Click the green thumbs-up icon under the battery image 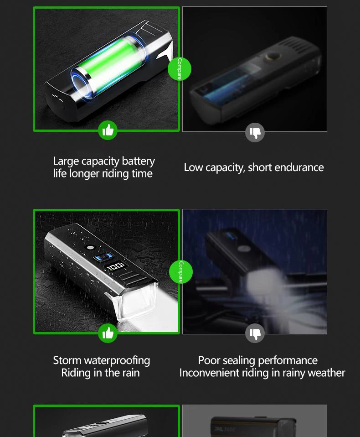coord(108,130)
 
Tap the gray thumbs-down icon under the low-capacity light coord(255,132)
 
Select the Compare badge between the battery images coord(180,69)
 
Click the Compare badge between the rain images coord(181,272)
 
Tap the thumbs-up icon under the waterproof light coord(108,333)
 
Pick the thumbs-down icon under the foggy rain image coord(255,333)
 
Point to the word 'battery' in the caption coord(139,161)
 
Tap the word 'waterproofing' coord(117,361)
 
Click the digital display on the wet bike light coord(116,266)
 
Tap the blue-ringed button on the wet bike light coord(104,256)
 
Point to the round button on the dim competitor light coord(273,57)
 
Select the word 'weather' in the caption coord(328,373)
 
